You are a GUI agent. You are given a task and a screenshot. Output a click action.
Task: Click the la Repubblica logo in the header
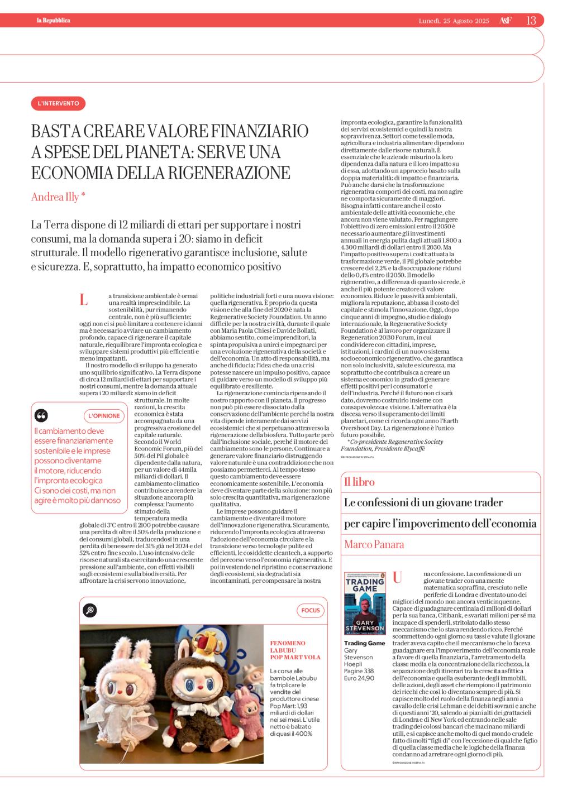53,21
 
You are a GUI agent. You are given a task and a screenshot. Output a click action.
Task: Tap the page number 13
531,21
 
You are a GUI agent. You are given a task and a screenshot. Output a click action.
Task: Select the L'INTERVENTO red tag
58,103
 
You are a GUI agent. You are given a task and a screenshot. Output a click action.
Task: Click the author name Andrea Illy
58,196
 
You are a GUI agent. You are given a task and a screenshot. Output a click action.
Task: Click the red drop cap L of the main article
84,300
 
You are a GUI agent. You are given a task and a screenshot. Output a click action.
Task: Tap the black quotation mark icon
41,415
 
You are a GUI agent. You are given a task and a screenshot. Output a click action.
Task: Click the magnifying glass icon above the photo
89,610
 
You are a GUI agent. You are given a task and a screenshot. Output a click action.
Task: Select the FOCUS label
311,610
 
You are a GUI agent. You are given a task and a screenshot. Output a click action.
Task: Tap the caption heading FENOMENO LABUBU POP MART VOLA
295,650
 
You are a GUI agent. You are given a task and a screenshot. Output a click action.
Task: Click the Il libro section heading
359,482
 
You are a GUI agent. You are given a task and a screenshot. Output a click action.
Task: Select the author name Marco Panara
374,544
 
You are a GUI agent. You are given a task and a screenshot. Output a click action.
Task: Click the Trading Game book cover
364,603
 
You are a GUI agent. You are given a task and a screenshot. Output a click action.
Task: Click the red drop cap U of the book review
398,578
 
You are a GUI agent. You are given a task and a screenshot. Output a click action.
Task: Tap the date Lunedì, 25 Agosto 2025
454,21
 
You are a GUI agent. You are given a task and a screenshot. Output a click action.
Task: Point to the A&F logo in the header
504,21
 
